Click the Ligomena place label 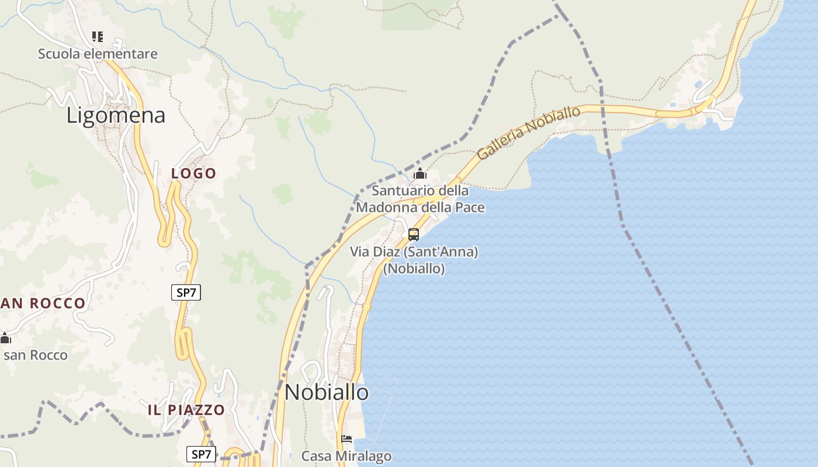tap(116, 115)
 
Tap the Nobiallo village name tap(327, 392)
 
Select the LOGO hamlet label tap(193, 173)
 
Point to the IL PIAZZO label tap(186, 410)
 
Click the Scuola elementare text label tap(98, 54)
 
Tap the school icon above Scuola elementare tap(98, 37)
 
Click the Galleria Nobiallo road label tap(529, 133)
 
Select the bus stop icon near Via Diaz tap(414, 235)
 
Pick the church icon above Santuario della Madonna tap(420, 174)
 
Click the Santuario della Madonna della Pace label tap(420, 199)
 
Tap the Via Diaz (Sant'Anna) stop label tap(414, 252)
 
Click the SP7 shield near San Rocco tap(186, 292)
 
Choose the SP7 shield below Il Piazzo tap(201, 454)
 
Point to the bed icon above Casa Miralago tap(346, 439)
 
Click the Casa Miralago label tap(346, 456)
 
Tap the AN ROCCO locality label tap(43, 303)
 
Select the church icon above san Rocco tap(6, 338)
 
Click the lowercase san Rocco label tap(36, 355)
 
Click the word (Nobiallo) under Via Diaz tap(414, 269)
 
